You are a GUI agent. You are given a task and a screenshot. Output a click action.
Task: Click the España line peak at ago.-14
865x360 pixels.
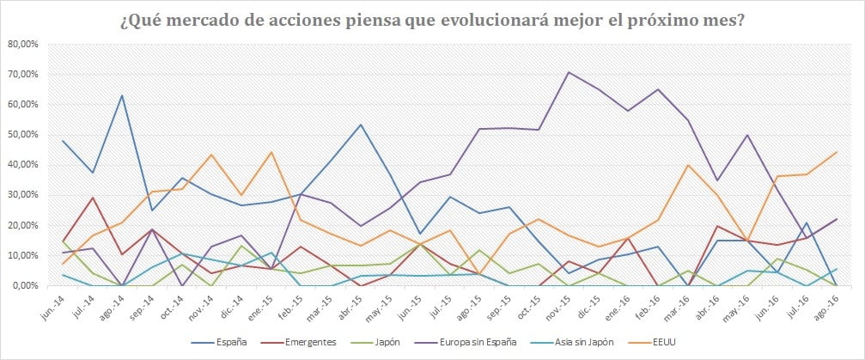click(x=123, y=95)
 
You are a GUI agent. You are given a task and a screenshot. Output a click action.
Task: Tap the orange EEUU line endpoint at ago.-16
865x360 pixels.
click(x=838, y=152)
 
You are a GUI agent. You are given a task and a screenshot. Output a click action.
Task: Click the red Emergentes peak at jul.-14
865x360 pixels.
click(x=93, y=198)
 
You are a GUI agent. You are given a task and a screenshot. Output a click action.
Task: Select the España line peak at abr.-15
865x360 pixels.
click(x=360, y=125)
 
